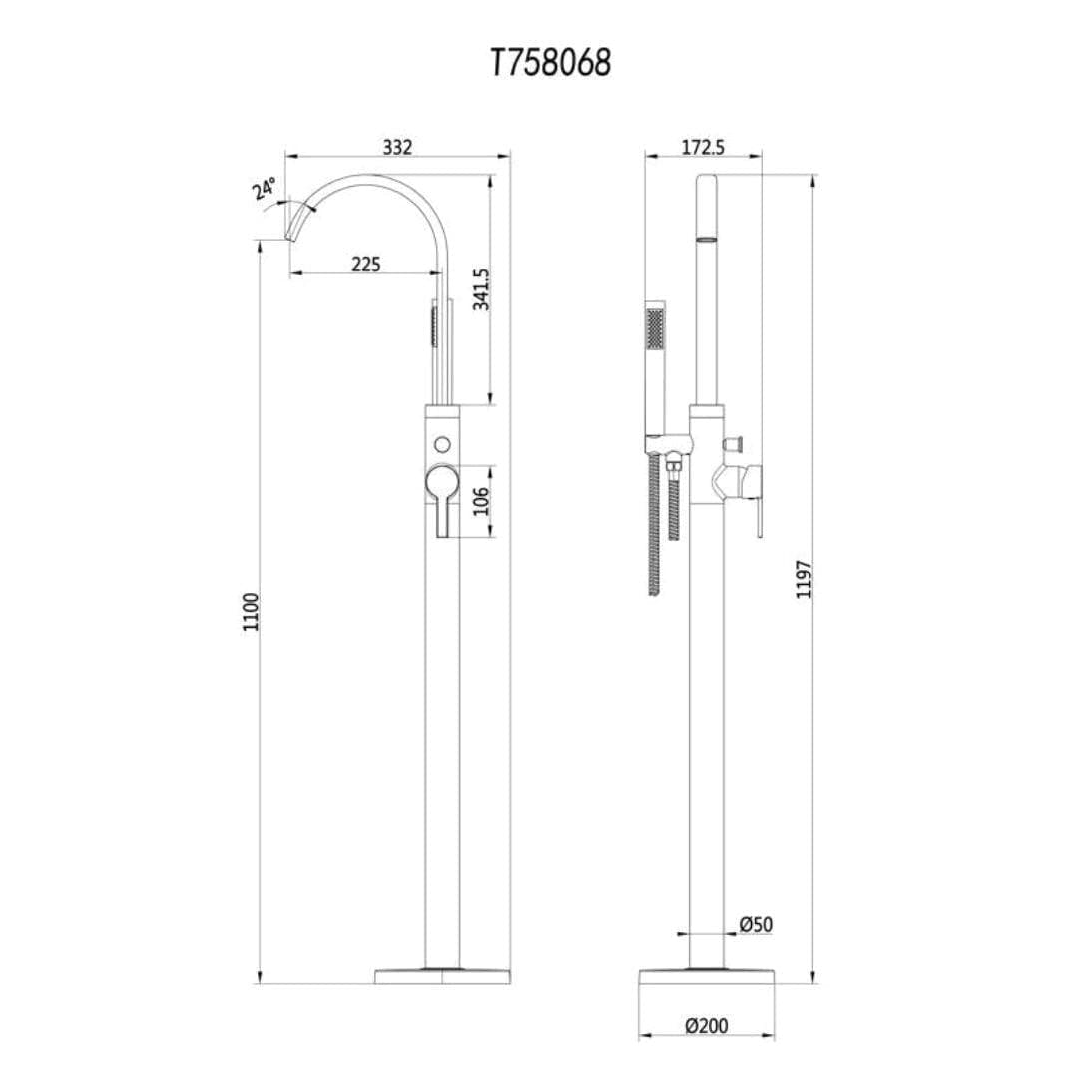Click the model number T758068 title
(550, 63)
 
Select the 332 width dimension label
(397, 147)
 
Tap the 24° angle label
(265, 189)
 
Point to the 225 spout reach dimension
(366, 265)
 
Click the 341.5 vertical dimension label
(480, 289)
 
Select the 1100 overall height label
(251, 611)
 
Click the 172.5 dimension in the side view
(703, 147)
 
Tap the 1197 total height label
(805, 579)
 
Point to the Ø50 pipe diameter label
(757, 925)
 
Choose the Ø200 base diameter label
(706, 1025)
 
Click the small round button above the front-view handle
(442, 442)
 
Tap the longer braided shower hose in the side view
(655, 524)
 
